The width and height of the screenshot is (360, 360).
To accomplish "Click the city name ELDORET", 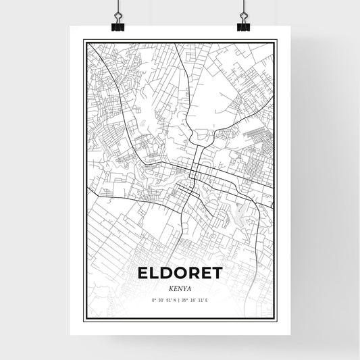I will (x=180, y=274).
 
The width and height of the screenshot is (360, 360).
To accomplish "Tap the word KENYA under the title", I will (x=180, y=287).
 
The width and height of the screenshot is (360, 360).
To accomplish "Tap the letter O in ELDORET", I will (x=178, y=274).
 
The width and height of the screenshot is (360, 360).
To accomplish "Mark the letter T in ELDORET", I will (x=218, y=274).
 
